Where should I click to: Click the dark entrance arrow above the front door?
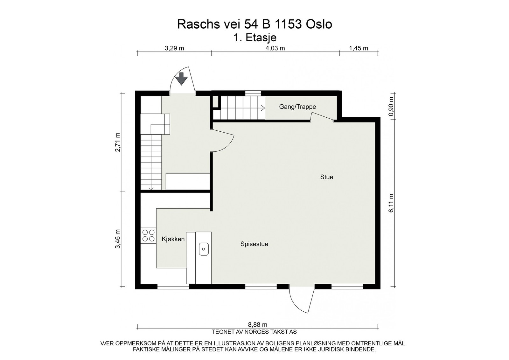(x=181, y=79)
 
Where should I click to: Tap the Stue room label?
(x=326, y=177)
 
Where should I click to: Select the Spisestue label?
(x=254, y=244)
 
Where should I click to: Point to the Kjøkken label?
(x=173, y=239)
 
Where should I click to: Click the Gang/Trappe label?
(x=297, y=107)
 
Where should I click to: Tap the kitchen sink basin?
(x=204, y=249)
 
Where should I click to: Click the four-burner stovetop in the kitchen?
(x=148, y=236)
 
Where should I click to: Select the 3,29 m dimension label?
(x=174, y=48)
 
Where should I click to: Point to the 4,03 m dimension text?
(x=275, y=48)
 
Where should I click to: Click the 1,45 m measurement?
(x=359, y=48)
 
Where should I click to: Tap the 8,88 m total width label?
(x=257, y=325)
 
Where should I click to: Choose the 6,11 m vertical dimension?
(x=391, y=203)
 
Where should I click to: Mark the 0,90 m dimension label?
(x=391, y=106)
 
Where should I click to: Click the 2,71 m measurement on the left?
(x=117, y=142)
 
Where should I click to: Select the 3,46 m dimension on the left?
(x=117, y=239)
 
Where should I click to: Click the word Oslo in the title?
(x=319, y=24)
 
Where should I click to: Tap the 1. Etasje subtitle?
(x=255, y=38)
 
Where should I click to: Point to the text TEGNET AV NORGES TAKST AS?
(x=254, y=332)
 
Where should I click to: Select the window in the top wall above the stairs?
(x=253, y=93)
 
